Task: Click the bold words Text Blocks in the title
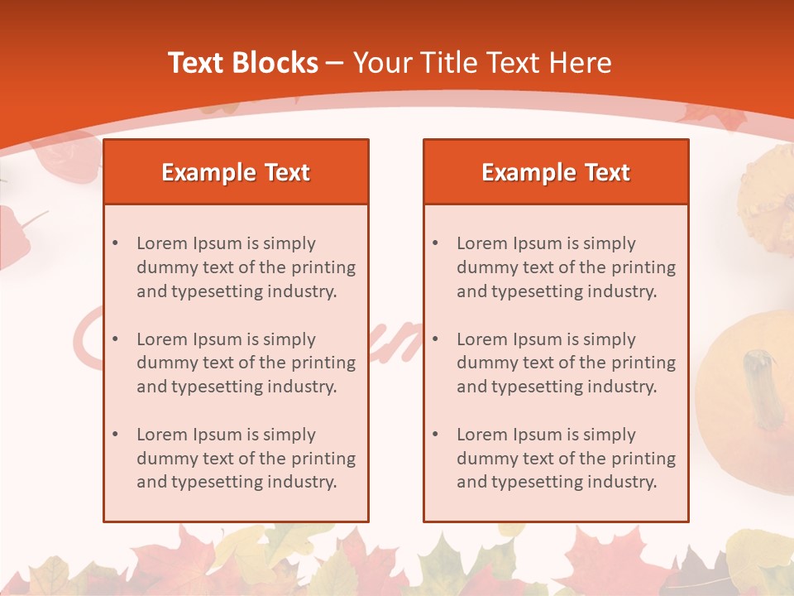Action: [x=243, y=63]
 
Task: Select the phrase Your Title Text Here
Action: [x=482, y=63]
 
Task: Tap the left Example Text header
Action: [x=236, y=172]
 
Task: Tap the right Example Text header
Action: [x=556, y=172]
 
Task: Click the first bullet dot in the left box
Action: [x=115, y=243]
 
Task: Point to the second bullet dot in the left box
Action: [x=115, y=339]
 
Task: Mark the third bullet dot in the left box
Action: [x=115, y=435]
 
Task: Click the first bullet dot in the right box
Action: [x=435, y=243]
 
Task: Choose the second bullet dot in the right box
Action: [x=435, y=339]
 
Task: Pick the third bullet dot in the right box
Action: [x=435, y=435]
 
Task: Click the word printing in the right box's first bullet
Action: [x=642, y=267]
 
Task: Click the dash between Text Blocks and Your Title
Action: [x=335, y=63]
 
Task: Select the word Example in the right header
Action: [x=519, y=172]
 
